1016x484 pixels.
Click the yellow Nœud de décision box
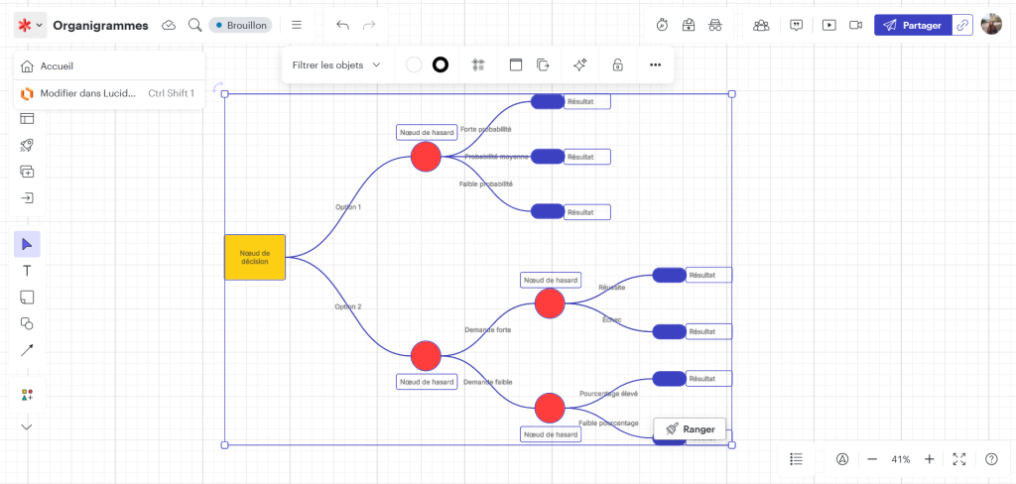click(255, 258)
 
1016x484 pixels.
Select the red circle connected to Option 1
click(426, 157)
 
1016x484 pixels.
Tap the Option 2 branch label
click(348, 306)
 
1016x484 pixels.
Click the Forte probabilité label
click(486, 129)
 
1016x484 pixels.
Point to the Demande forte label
click(488, 329)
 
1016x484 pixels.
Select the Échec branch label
click(612, 319)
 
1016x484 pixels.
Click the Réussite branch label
click(612, 288)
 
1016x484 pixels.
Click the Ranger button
click(690, 429)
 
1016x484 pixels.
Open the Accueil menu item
click(57, 66)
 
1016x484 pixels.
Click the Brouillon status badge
click(240, 25)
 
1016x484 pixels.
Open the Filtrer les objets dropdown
click(336, 65)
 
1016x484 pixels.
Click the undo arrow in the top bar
click(343, 25)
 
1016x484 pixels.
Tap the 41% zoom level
click(901, 459)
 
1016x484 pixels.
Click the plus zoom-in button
click(930, 459)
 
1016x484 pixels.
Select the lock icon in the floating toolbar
click(617, 65)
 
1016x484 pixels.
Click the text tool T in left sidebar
click(27, 271)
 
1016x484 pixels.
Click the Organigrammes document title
click(100, 25)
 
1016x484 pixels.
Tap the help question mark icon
click(991, 459)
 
